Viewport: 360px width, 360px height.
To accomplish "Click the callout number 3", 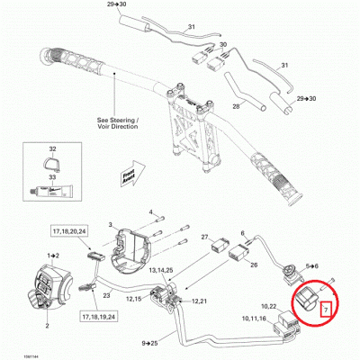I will coord(110,223).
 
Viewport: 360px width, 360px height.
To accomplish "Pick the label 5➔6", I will coord(313,267).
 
